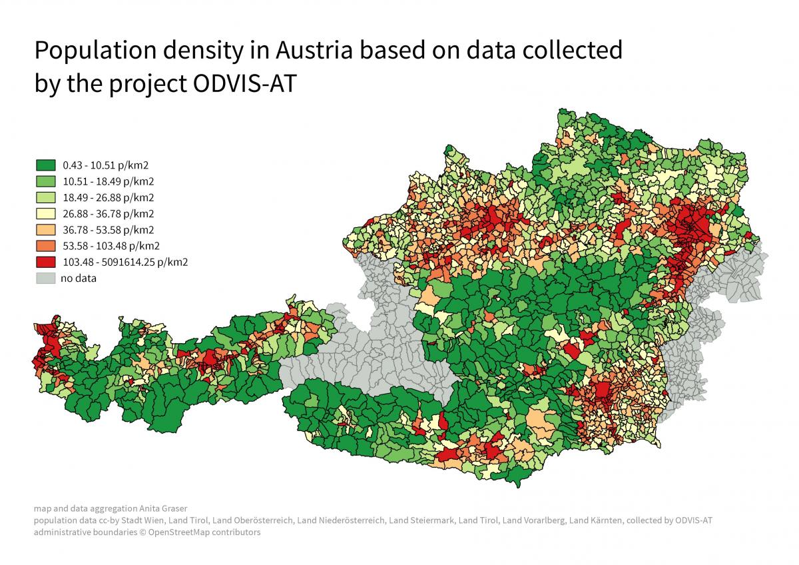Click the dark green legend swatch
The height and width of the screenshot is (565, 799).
45,165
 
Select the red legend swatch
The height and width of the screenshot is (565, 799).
45,262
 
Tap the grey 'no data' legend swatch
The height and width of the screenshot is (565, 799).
45,279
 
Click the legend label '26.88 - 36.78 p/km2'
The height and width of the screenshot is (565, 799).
108,214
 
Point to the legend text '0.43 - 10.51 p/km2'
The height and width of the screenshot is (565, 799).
105,165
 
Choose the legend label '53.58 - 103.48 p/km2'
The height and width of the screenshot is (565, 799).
111,246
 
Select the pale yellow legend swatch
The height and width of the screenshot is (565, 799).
45,214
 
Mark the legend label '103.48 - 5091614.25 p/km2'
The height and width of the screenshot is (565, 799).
125,262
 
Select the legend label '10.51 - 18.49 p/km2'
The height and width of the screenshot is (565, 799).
108,181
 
